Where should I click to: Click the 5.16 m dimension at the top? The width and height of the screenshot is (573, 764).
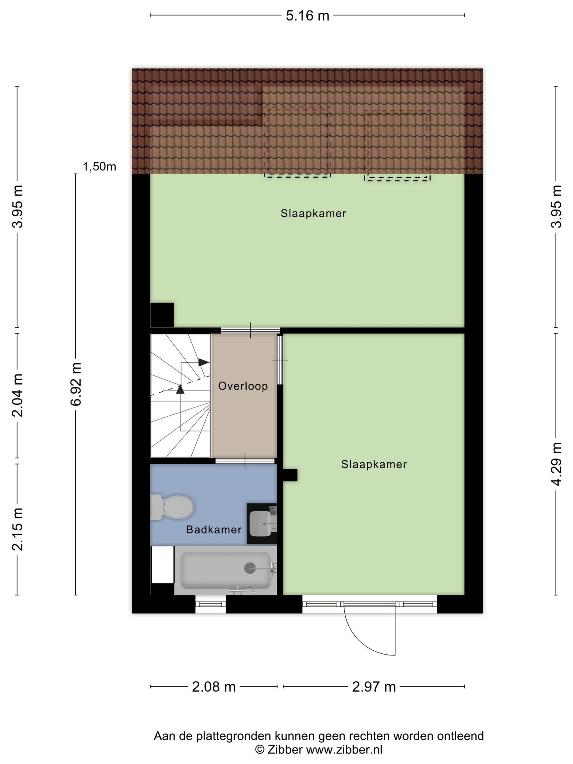point(307,16)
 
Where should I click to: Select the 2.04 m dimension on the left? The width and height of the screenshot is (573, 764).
point(18,395)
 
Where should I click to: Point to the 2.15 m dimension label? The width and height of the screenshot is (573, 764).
point(18,529)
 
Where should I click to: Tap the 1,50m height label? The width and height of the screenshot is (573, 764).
point(100,167)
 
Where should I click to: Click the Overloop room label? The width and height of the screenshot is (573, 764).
point(243,386)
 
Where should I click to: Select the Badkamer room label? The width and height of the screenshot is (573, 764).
point(214,530)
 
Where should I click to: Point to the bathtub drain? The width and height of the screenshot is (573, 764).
point(250,568)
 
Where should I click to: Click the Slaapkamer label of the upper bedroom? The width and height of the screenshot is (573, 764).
point(314,214)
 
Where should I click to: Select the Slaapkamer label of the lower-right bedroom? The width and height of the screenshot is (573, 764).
point(374,464)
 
